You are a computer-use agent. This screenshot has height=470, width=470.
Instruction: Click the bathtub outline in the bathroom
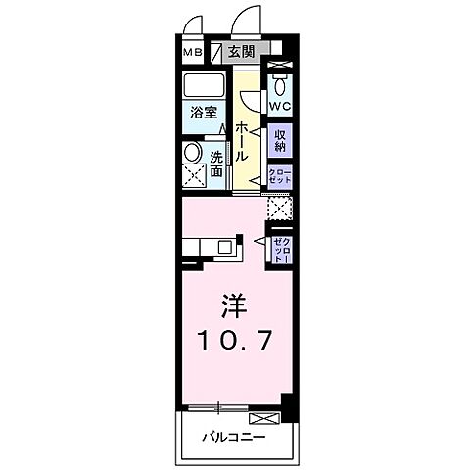204,86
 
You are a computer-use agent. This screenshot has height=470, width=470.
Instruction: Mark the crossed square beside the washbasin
192,178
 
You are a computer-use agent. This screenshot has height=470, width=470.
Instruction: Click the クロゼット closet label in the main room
280,247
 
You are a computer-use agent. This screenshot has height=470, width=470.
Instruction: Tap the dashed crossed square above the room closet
279,208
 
